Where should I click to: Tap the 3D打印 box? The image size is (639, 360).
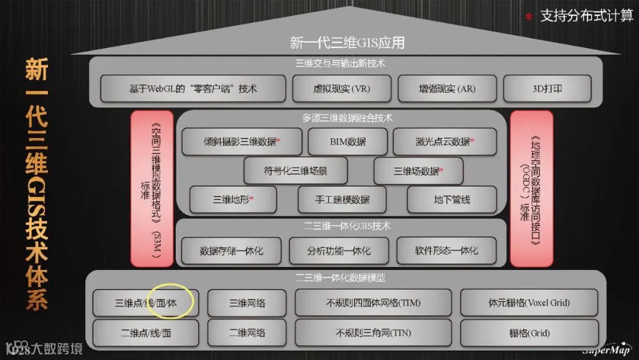(x=547, y=89)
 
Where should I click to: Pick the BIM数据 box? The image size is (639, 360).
(x=347, y=142)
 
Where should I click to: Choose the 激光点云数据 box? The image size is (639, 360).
(x=444, y=142)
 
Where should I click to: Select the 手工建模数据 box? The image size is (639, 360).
(x=342, y=200)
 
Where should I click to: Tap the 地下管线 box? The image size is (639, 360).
(x=451, y=200)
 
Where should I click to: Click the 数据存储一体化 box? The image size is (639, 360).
(x=231, y=251)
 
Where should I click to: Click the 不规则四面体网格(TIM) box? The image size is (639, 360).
(x=373, y=303)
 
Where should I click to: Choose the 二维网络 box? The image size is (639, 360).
(x=247, y=333)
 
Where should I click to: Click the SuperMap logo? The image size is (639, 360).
(x=602, y=348)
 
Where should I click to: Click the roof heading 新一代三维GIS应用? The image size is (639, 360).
(x=347, y=43)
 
